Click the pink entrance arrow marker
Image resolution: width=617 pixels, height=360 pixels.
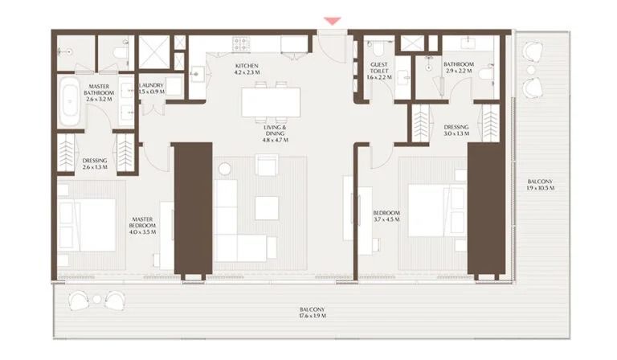pos(332,21)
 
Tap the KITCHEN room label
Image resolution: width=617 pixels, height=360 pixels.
pos(247,66)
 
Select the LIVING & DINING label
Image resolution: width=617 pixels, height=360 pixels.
pos(275,130)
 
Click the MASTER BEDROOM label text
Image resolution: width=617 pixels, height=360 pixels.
pos(142,223)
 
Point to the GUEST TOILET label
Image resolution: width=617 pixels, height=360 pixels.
pos(379,67)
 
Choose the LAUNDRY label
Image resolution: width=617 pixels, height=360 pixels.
pos(152,85)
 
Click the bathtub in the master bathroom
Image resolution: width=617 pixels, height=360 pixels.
pos(71,101)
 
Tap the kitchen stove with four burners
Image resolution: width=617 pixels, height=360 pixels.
pos(241,44)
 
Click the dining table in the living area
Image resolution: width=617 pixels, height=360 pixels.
pos(271,102)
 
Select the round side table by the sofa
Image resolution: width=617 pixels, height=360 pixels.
pos(225,169)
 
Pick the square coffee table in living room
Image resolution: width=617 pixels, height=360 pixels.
pos(267,208)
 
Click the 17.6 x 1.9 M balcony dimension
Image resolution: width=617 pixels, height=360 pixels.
pos(313,316)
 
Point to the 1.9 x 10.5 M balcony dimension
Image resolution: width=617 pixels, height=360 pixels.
pos(540,188)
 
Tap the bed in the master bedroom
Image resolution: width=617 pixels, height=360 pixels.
pos(88,225)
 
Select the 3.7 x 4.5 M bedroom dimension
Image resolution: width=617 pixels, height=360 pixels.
pos(386,219)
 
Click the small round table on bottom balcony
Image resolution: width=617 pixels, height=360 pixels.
pos(96,300)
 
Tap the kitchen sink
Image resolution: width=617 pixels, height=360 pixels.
pos(197,73)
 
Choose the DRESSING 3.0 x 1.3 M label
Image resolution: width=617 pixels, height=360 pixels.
pos(456,130)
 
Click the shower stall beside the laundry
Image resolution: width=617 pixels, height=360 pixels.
pos(154,52)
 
